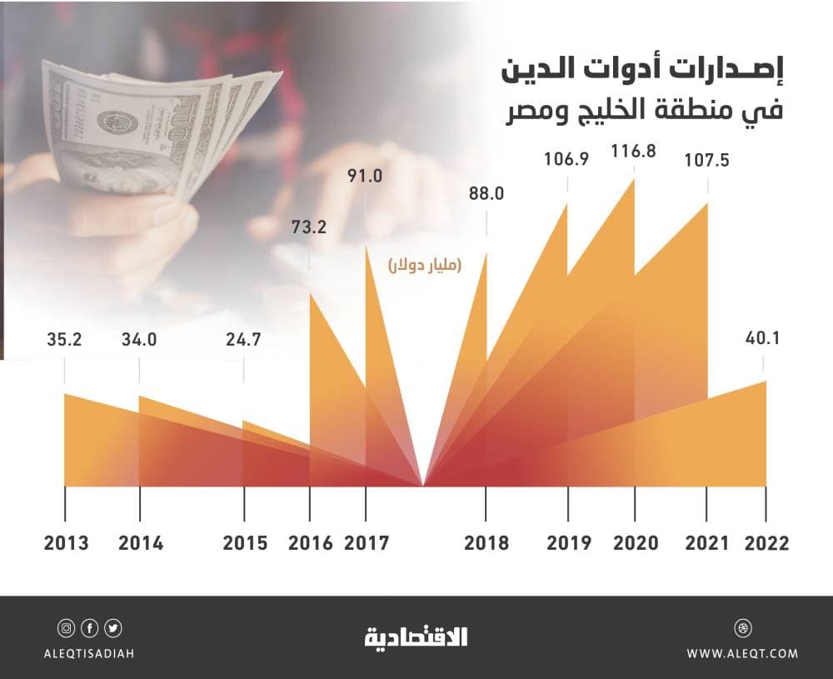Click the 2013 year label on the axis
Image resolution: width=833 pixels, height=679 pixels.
point(67,544)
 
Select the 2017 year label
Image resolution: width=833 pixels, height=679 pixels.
point(367,544)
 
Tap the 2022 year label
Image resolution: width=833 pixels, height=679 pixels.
point(766,544)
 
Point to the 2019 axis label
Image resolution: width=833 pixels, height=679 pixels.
point(569,544)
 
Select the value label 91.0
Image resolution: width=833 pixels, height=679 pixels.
point(367,177)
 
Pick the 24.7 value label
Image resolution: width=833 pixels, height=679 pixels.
point(244,340)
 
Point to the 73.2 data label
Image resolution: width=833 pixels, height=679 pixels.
point(309,225)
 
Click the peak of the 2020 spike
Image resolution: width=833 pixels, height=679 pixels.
point(635,179)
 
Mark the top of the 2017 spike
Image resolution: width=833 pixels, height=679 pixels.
point(367,247)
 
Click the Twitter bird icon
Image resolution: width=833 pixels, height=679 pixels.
point(113,627)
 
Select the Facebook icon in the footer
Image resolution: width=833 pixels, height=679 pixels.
point(89,627)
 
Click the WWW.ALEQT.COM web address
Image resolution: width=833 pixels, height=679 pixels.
point(742,654)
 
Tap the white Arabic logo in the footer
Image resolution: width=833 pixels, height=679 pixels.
point(416,637)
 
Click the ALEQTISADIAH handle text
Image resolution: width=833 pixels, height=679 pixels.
point(89,654)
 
